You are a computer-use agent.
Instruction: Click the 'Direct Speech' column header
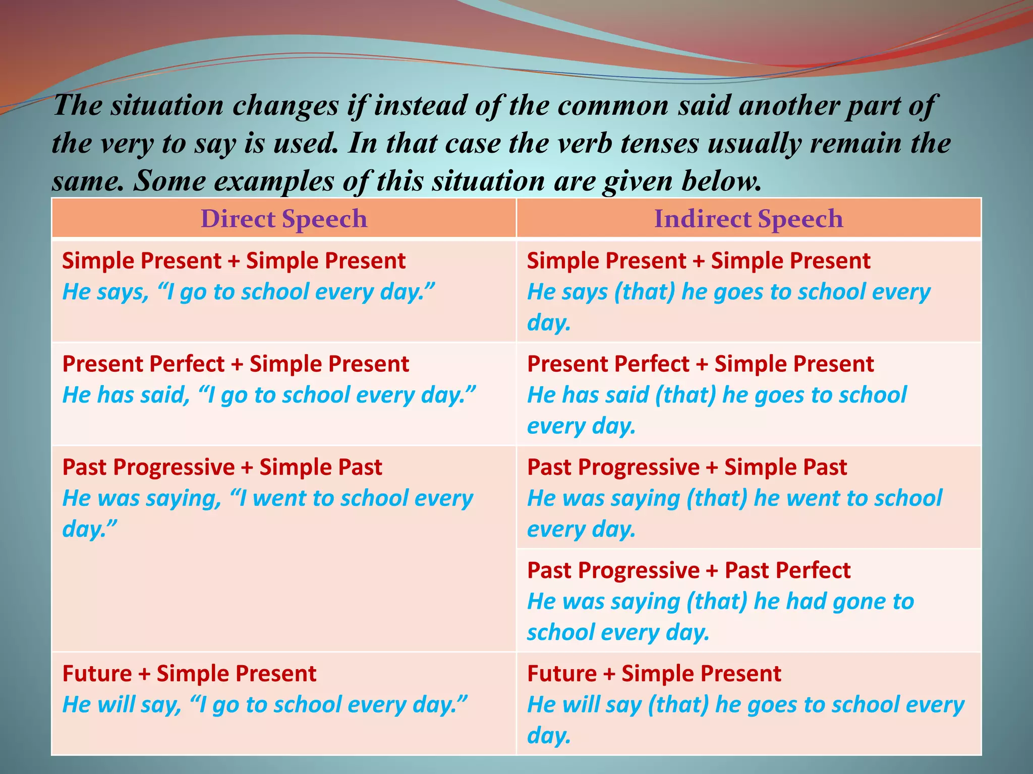coord(284,219)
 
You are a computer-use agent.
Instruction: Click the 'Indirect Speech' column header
coord(749,219)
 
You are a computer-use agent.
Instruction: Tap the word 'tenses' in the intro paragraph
coord(659,143)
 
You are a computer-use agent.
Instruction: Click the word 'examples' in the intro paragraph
coord(273,181)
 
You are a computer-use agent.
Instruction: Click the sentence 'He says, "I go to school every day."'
coord(248,292)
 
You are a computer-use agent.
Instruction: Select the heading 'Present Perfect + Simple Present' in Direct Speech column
coord(236,364)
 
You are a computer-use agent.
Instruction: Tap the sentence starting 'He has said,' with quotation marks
coord(269,395)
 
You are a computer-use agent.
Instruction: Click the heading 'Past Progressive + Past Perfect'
coord(688,570)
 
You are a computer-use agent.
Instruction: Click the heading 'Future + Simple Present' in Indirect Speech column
coord(654,674)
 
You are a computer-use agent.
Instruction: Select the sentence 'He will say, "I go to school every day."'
coord(265,704)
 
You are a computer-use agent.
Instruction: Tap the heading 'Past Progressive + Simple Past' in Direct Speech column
coord(222,467)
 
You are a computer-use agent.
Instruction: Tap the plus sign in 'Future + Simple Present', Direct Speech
coord(144,674)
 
